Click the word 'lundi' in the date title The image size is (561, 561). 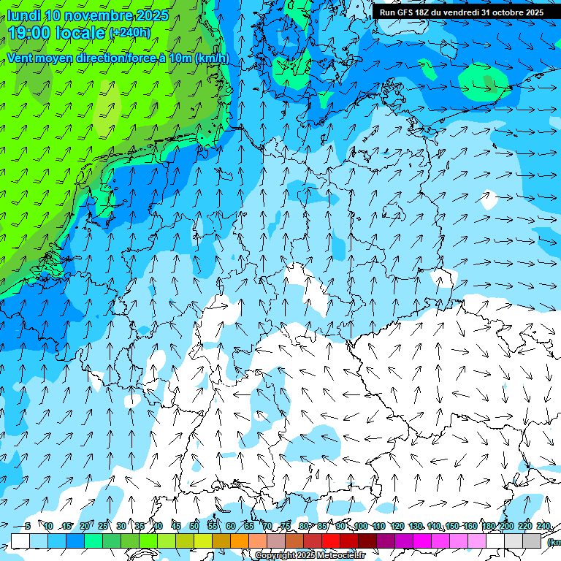click(24, 15)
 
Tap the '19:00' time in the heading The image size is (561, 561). click(28, 32)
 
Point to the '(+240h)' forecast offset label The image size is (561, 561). click(129, 32)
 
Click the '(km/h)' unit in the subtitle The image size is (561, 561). click(213, 58)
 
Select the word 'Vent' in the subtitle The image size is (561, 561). click(20, 58)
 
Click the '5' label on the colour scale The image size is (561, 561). click(27, 526)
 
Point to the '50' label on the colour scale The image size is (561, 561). click(194, 526)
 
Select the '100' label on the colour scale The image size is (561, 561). click(361, 526)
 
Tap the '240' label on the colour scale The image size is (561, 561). click(543, 526)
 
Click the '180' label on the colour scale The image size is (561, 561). click(489, 526)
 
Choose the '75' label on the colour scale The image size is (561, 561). click(286, 526)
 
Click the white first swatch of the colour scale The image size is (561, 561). click(20, 541)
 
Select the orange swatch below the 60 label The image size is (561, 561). click(240, 541)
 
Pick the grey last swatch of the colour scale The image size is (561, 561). click(532, 541)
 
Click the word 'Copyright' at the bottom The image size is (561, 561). click(275, 556)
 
